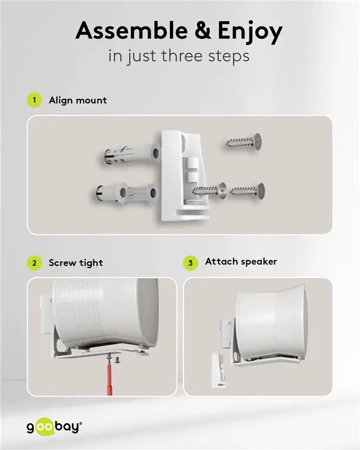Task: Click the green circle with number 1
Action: coord(36,100)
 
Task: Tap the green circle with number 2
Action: coord(36,263)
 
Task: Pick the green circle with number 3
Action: coord(190,262)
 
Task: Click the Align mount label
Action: coord(78,100)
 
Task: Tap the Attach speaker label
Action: coord(240,261)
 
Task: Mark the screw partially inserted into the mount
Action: coord(208,191)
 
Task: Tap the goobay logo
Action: coord(54,426)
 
